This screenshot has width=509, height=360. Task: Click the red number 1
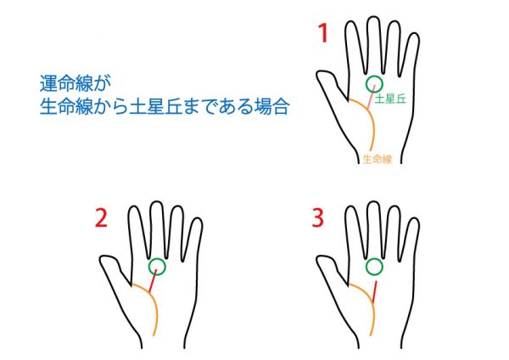323,34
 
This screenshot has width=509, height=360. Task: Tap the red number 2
101,218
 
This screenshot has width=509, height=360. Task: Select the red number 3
318,218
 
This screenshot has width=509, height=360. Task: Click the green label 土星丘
390,98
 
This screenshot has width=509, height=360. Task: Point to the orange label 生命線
378,160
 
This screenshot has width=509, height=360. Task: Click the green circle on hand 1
374,76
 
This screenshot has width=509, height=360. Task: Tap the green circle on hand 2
157,259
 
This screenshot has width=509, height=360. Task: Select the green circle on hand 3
374,259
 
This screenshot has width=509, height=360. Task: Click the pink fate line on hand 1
371,98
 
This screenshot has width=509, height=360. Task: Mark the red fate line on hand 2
153,281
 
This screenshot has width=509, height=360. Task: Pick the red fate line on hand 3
375,292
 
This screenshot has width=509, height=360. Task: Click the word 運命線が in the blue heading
76,83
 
